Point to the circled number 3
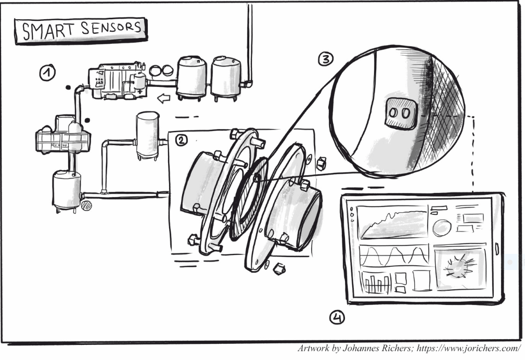(325, 60)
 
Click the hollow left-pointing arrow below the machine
(164, 98)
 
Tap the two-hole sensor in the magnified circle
(400, 112)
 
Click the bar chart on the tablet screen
(376, 283)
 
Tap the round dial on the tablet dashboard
(442, 227)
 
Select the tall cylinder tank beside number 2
(147, 134)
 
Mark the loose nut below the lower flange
(279, 268)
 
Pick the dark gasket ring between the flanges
(250, 198)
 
